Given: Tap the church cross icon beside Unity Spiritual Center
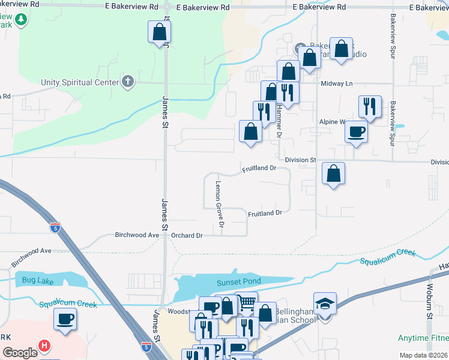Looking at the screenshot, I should tap(127, 82).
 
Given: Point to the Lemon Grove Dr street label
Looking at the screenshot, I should tap(219, 205).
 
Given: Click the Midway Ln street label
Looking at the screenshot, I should tap(336, 84).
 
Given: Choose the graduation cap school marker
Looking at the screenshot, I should tap(325, 304).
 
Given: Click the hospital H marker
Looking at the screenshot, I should tap(44, 346).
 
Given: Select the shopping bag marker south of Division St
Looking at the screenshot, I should tap(334, 174).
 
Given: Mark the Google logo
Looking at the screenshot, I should tap(20, 353).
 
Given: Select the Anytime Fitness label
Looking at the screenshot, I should tap(424, 338).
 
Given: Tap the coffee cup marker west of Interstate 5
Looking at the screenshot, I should tap(65, 319).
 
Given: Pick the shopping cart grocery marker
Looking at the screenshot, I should tap(246, 303).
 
